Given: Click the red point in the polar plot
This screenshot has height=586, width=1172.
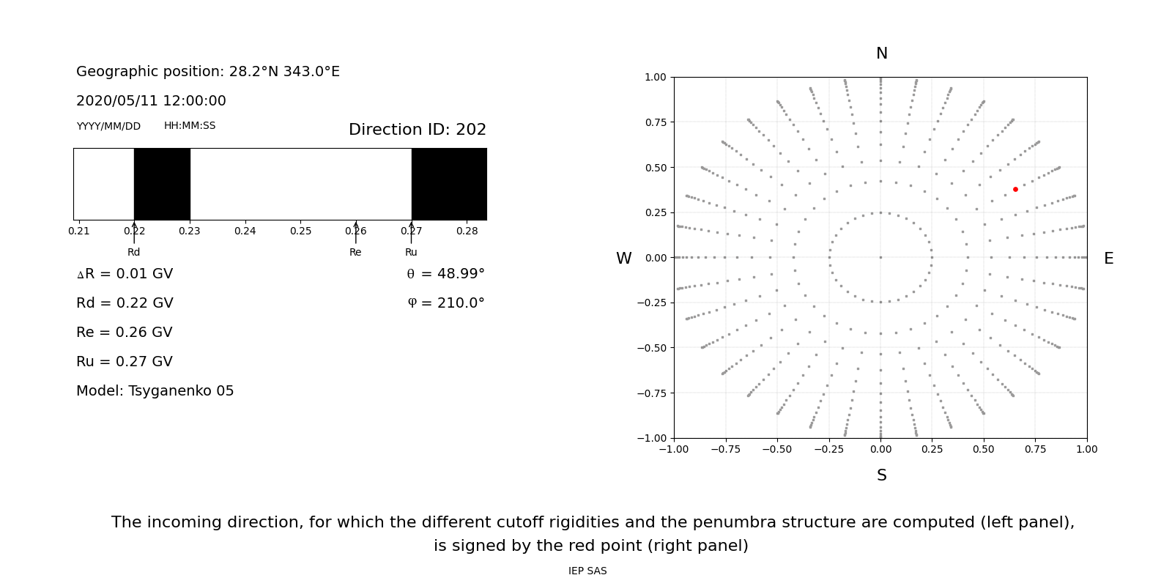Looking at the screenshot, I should point(1015,189).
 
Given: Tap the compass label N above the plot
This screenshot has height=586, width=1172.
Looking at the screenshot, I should point(881,53).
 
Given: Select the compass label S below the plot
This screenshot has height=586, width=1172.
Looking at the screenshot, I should point(881,475).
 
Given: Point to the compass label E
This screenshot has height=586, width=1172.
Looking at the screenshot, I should point(1108,259).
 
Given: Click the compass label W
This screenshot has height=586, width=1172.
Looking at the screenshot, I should point(623,259).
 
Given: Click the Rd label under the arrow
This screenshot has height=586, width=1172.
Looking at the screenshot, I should point(133,253).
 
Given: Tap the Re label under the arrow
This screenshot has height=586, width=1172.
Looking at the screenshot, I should point(355,253).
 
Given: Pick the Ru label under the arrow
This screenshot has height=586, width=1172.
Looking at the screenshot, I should point(411,253).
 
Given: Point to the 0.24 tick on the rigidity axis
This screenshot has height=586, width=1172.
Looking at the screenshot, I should point(245,231).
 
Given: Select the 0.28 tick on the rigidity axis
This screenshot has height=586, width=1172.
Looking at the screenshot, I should point(467,231).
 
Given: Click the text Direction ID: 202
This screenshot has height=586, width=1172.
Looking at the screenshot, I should point(417,130).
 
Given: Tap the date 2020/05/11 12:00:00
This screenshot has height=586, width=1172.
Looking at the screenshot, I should point(151,101).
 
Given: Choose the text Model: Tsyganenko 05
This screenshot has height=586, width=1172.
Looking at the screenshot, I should point(155,391).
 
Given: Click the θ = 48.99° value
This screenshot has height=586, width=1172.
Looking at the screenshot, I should point(445,274).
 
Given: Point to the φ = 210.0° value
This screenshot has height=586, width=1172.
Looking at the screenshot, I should point(445,303).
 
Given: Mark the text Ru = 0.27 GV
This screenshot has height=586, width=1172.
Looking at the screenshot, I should point(124,362).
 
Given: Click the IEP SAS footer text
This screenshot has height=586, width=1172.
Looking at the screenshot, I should point(587,571).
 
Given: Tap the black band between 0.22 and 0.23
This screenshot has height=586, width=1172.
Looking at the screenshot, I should point(162,184).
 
